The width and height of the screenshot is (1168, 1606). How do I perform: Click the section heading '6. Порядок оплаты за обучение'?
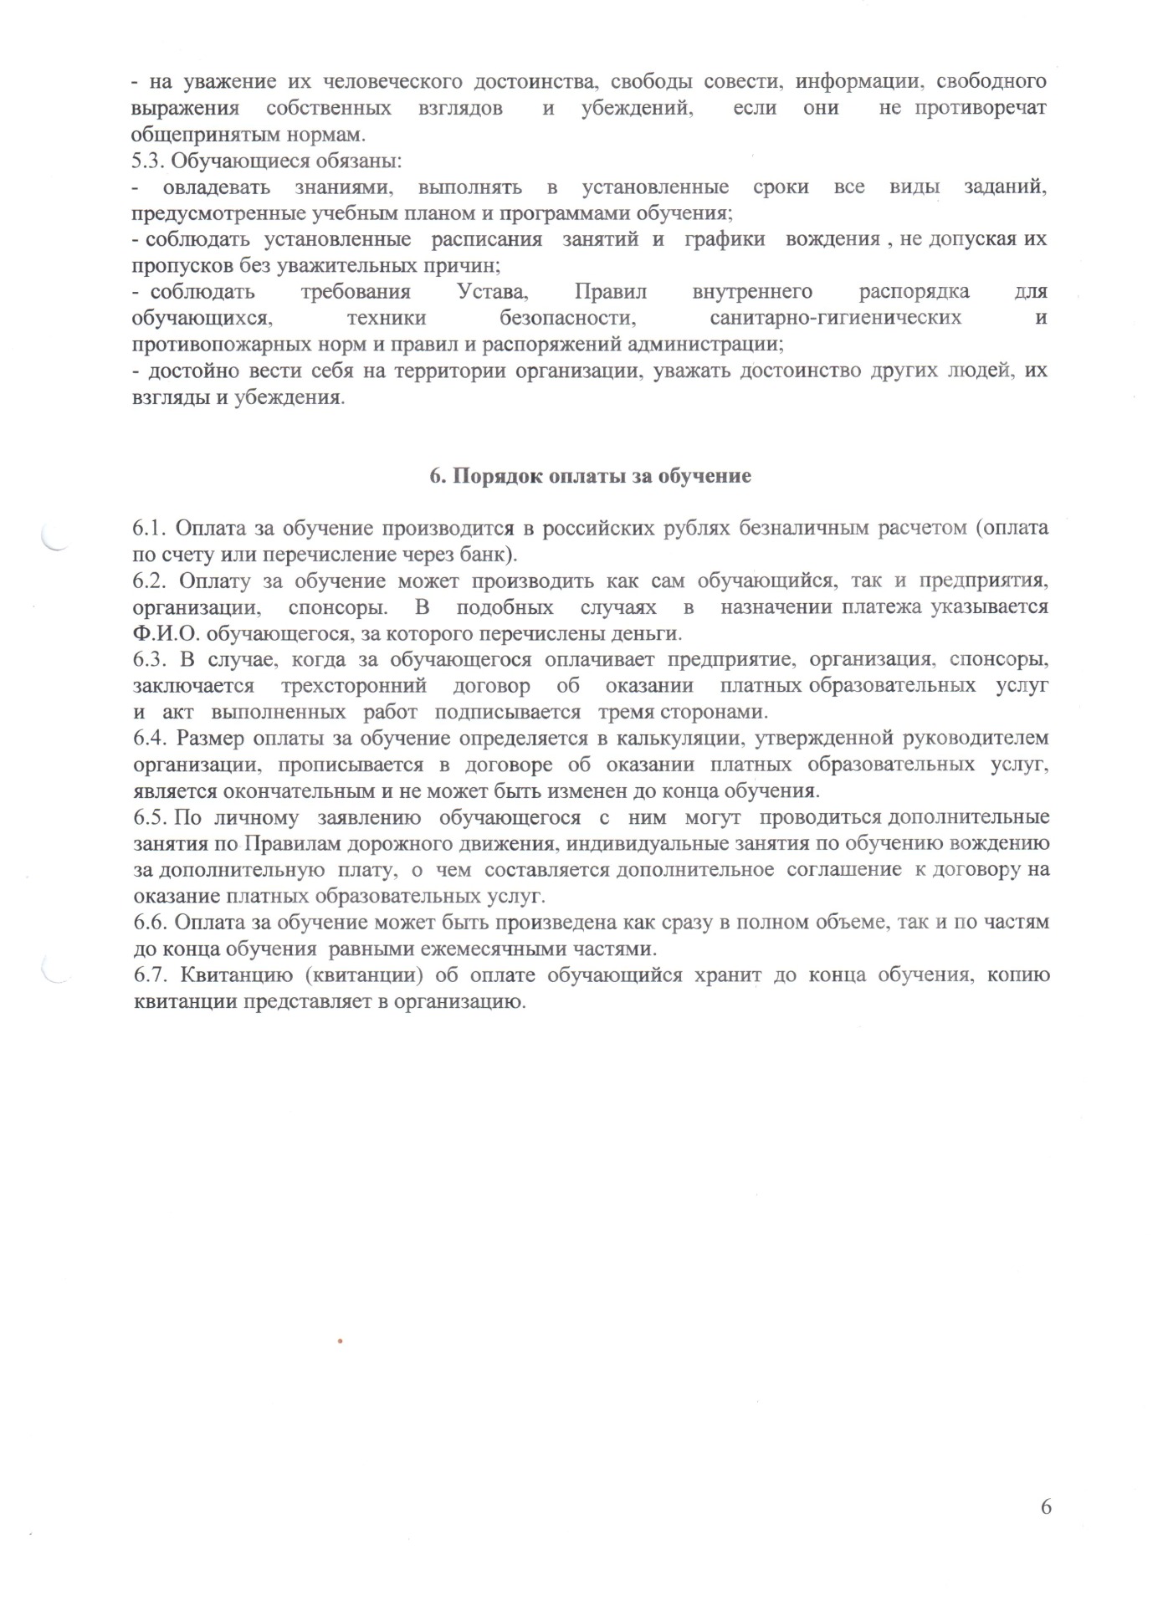[x=590, y=477]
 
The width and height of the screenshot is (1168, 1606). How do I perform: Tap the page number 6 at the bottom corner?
[x=1045, y=1507]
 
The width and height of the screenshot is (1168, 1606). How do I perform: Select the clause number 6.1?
[x=150, y=529]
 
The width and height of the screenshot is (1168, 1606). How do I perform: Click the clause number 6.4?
[x=150, y=739]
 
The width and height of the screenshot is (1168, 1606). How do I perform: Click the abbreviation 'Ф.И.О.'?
[x=161, y=633]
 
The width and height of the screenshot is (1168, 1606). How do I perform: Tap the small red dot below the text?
[x=341, y=1342]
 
